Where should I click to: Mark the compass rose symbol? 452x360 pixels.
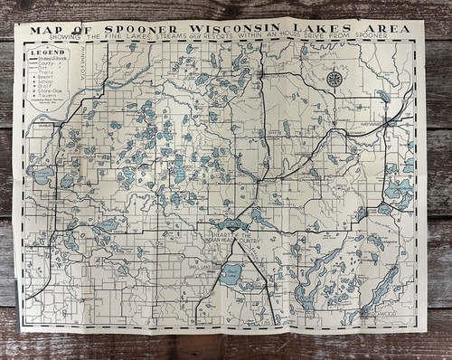[334, 79]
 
